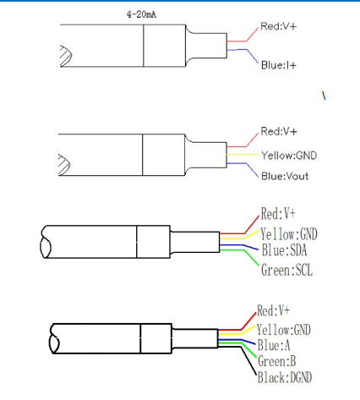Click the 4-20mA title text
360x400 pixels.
141,14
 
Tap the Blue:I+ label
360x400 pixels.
279,65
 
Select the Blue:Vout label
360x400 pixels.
285,176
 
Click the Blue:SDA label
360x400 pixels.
284,250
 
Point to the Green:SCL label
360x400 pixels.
286,270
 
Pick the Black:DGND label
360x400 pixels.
285,377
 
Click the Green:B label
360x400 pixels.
276,361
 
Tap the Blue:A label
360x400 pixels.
274,345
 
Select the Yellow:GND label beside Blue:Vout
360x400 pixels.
289,156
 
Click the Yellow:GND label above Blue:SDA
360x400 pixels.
289,233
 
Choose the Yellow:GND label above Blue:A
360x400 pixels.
284,329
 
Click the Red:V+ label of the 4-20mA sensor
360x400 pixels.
278,26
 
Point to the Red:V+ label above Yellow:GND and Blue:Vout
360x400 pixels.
279,131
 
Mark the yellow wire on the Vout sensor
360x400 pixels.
242,155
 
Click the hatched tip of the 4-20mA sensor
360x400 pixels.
66,56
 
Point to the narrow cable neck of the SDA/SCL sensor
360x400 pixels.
195,242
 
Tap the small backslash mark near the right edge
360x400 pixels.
324,96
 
